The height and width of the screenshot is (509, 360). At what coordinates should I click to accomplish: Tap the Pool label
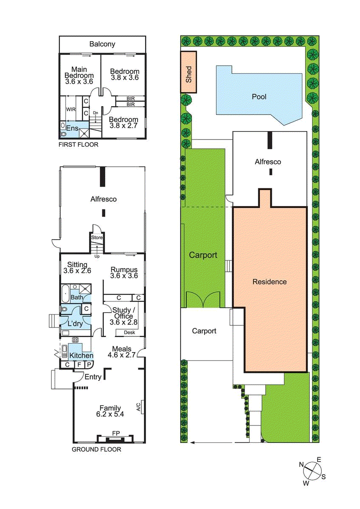(259, 97)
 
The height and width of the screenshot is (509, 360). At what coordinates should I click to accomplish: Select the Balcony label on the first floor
(102, 44)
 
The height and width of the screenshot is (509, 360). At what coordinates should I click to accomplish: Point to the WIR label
(70, 109)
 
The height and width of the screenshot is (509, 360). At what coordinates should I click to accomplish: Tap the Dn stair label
(96, 113)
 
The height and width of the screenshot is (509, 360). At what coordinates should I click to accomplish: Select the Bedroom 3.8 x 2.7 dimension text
(124, 126)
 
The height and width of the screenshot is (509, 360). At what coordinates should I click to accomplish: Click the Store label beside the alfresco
(97, 238)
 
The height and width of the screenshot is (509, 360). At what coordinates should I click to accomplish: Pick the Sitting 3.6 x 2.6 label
(77, 268)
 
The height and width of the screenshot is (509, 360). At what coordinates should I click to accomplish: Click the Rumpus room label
(124, 269)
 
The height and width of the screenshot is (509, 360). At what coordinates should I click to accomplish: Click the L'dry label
(75, 324)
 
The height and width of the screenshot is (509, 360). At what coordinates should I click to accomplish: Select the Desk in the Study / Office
(129, 333)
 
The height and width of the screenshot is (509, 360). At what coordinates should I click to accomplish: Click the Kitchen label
(82, 355)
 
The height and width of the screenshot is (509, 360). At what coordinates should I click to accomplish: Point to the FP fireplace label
(115, 433)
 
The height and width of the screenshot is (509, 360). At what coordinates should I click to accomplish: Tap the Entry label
(93, 377)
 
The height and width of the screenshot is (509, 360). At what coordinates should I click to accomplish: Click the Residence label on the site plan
(270, 282)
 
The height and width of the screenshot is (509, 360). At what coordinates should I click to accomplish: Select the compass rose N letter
(301, 464)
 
